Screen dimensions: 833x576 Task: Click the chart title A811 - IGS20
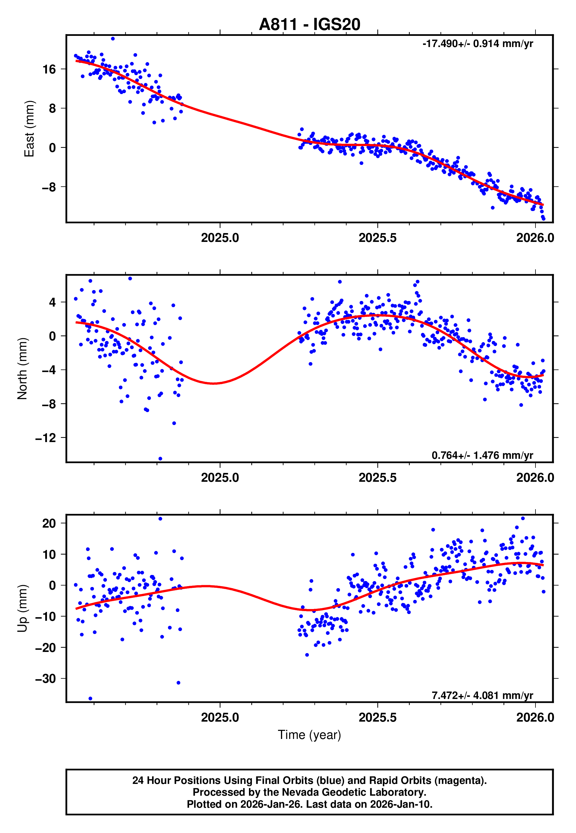pyautogui.click(x=309, y=25)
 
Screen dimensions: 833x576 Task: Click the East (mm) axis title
pyautogui.click(x=29, y=129)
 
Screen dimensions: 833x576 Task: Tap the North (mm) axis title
pyautogui.click(x=22, y=369)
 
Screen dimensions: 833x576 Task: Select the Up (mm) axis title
pyautogui.click(x=22, y=608)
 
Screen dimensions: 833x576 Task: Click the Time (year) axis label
pyautogui.click(x=309, y=735)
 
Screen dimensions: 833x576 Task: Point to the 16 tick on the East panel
pyautogui.click(x=49, y=69)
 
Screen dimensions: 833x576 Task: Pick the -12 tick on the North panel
pyautogui.click(x=46, y=438)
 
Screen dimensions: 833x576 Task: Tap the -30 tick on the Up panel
pyautogui.click(x=46, y=679)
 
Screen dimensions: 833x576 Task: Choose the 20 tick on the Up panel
pyautogui.click(x=49, y=523)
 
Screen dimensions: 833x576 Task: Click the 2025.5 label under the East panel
pyautogui.click(x=378, y=238)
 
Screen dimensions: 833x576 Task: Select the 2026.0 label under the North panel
pyautogui.click(x=535, y=478)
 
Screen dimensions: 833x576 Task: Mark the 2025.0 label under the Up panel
pyautogui.click(x=220, y=717)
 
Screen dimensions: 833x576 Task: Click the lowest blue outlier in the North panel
pyautogui.click(x=160, y=459)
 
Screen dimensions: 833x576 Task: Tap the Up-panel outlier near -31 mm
pyautogui.click(x=178, y=683)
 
